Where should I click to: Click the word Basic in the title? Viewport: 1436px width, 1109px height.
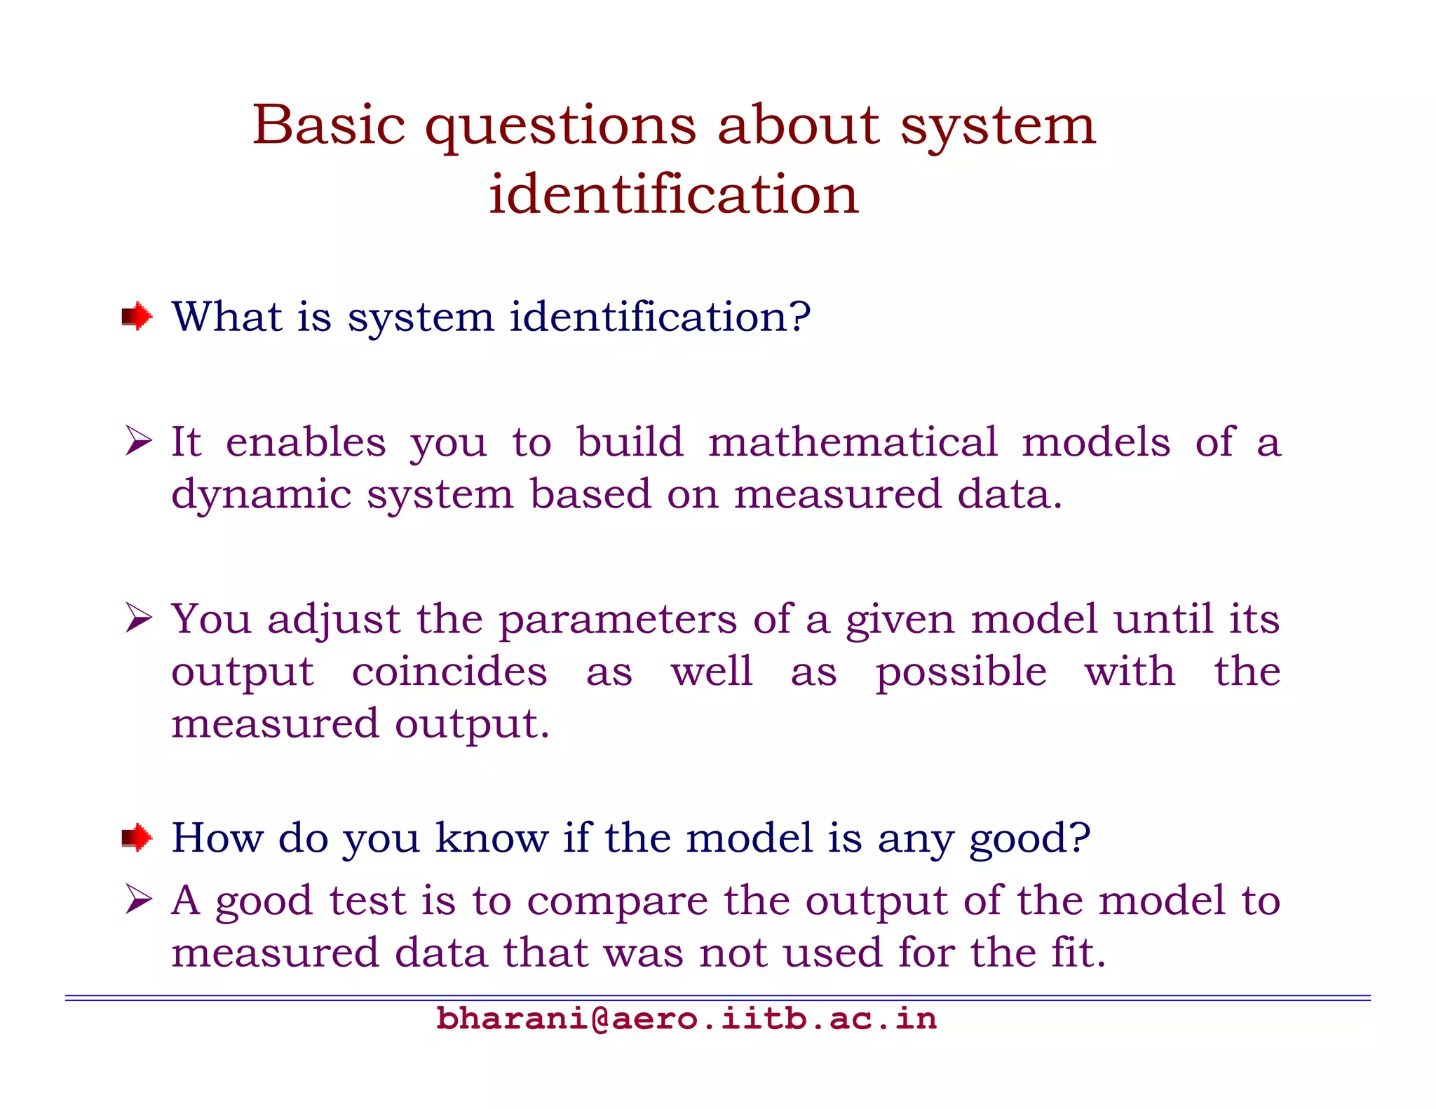328,125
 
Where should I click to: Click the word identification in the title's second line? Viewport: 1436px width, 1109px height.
673,194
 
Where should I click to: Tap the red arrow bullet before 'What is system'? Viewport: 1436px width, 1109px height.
137,317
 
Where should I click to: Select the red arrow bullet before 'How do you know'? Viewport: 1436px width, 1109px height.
137,837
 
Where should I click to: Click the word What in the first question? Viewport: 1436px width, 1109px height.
226,317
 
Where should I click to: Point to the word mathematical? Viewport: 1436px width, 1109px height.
852,442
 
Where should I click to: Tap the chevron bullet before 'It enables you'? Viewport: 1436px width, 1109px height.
138,442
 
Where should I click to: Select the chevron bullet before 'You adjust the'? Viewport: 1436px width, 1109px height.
138,618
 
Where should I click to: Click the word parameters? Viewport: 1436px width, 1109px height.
617,620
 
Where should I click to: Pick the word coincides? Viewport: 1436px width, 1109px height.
449,672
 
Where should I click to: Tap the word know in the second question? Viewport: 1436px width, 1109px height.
491,838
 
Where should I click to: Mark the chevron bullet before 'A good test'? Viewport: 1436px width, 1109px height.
138,900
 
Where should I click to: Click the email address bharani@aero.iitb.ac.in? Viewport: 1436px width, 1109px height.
686,1019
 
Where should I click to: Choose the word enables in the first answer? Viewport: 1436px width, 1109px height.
306,442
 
